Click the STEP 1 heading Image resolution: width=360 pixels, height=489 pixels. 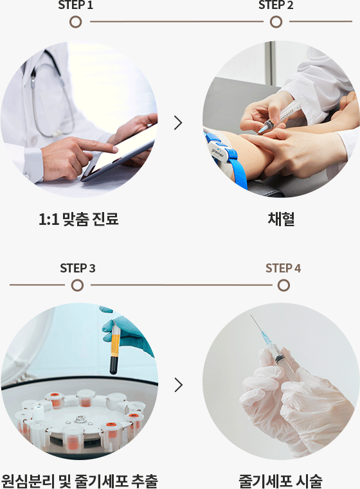[75, 4]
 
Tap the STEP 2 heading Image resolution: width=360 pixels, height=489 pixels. [276, 4]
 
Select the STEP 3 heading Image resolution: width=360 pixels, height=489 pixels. [78, 268]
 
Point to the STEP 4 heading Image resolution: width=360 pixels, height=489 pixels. [283, 268]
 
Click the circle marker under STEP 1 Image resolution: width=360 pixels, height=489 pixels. [75, 22]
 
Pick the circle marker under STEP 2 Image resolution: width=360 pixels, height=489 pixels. [276, 22]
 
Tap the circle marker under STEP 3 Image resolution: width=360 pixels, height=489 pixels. [77, 285]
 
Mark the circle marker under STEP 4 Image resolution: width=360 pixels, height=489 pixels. [283, 285]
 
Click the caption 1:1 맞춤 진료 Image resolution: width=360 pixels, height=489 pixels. [78, 219]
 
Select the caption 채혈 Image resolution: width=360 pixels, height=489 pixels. [281, 219]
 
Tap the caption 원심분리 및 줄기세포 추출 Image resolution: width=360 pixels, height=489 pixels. [79, 481]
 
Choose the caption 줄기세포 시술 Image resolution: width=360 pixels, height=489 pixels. [280, 481]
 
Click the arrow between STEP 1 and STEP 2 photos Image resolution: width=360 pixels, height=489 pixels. [178, 123]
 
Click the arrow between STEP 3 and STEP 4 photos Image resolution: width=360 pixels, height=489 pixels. [179, 385]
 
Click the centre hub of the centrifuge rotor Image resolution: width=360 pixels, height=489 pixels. [80, 419]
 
